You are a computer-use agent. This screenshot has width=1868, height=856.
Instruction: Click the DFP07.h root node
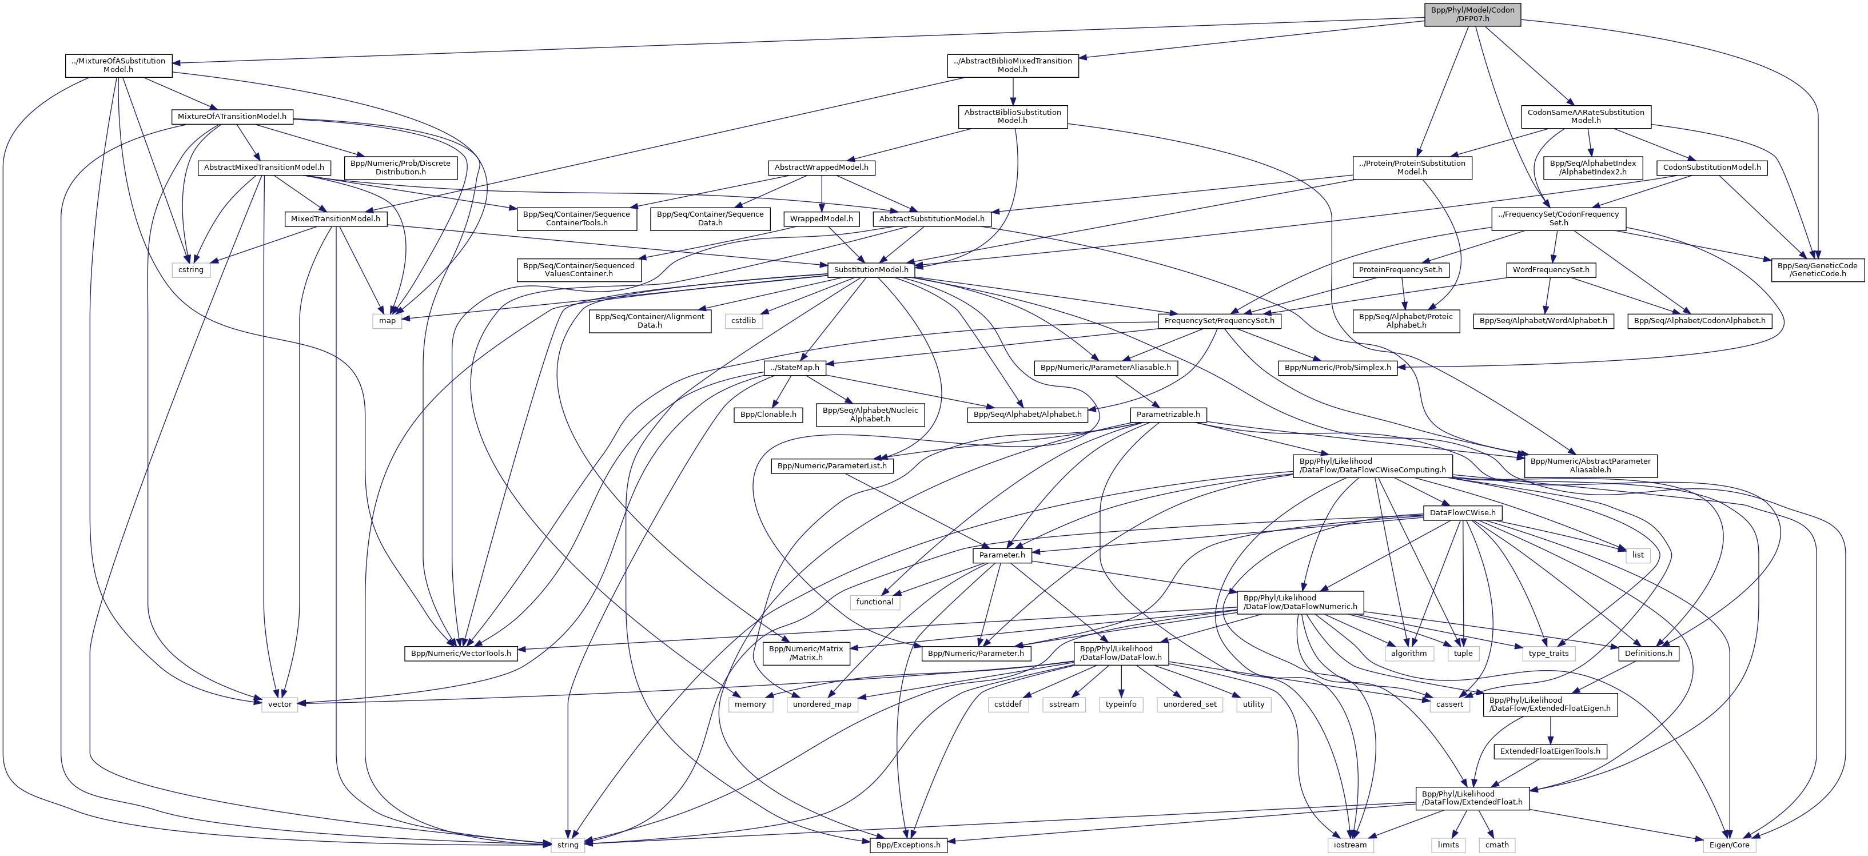tap(1472, 14)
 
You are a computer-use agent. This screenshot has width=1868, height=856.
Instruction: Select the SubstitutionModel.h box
tap(870, 270)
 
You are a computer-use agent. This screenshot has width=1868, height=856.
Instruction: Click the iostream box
tap(1349, 845)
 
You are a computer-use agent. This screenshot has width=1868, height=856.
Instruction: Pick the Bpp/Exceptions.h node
tap(908, 845)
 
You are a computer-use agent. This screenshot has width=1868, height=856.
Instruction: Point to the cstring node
tap(191, 270)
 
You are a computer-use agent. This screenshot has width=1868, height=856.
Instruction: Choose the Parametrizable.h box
tap(1168, 414)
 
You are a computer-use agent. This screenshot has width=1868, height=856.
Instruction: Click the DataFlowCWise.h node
tap(1462, 512)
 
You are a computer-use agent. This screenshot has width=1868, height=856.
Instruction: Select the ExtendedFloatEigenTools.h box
tap(1550, 751)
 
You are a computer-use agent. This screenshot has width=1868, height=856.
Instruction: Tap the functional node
tap(875, 602)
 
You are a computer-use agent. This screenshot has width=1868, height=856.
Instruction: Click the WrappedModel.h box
tap(821, 218)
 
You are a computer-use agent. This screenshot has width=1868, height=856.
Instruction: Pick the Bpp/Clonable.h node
tap(768, 414)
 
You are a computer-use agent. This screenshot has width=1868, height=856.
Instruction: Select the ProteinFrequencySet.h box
tap(1400, 270)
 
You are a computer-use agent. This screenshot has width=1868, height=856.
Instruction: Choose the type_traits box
tap(1548, 653)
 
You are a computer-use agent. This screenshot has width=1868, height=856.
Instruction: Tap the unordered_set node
tap(1190, 704)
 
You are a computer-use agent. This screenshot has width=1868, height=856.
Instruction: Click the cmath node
tap(1497, 845)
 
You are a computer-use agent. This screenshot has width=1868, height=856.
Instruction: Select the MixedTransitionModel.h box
tap(335, 218)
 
